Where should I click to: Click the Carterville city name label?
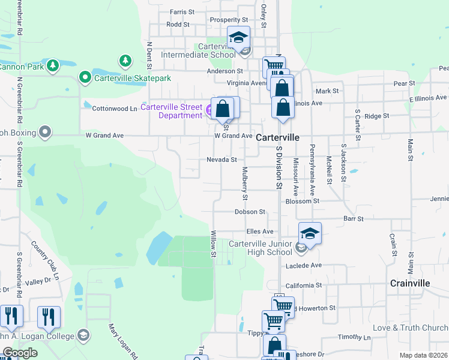click(x=277, y=137)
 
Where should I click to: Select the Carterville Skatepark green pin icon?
click(x=85, y=78)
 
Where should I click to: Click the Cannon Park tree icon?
click(x=53, y=65)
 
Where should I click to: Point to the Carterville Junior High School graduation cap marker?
click(x=310, y=233)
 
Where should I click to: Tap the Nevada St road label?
click(x=222, y=160)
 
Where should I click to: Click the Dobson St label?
click(x=250, y=212)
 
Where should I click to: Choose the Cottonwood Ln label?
click(x=115, y=109)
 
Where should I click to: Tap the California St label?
click(x=304, y=285)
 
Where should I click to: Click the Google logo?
click(x=20, y=353)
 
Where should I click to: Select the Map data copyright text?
click(x=424, y=355)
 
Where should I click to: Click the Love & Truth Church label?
click(x=410, y=328)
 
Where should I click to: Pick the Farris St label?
click(x=182, y=11)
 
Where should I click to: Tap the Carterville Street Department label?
click(x=172, y=112)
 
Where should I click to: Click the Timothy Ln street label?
click(x=350, y=337)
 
